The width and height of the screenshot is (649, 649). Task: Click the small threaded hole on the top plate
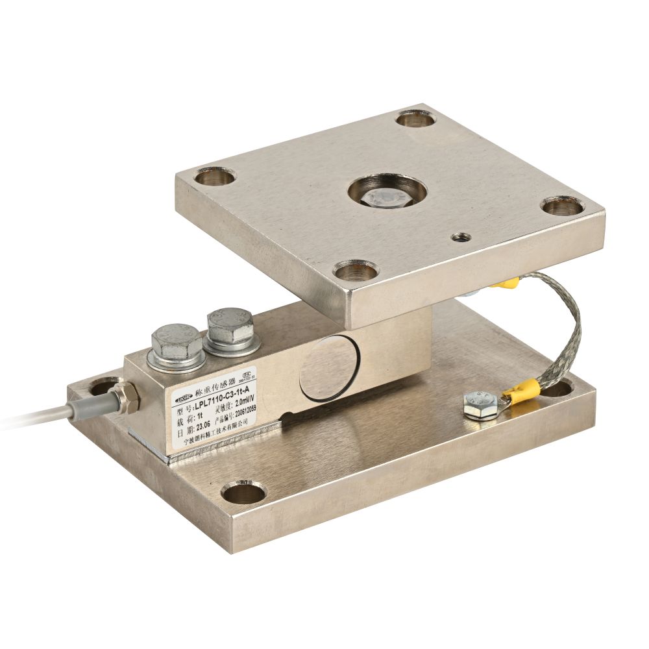tap(461, 236)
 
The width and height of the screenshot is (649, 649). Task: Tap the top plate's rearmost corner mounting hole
tap(415, 119)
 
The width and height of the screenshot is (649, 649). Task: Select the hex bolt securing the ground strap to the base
tap(480, 405)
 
